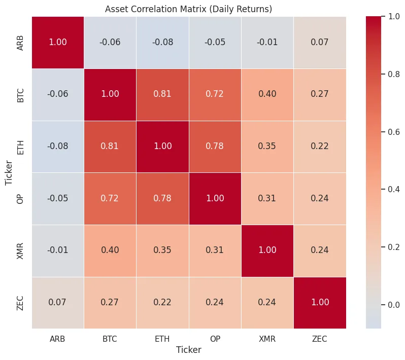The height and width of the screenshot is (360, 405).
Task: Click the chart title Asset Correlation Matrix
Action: coord(188,9)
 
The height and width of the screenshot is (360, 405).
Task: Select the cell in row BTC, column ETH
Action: coord(162,94)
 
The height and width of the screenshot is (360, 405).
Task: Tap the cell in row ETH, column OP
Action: coord(215,147)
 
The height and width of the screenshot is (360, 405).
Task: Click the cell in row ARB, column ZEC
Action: coord(319,42)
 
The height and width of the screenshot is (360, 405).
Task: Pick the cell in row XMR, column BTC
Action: coord(110,250)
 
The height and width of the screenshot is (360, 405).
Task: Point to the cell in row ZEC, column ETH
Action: coord(162,303)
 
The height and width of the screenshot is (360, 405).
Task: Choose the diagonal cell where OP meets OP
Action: coord(215,198)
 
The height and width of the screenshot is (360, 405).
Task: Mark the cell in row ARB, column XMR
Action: coord(267,42)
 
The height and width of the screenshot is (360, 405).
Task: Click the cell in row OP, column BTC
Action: coord(110,198)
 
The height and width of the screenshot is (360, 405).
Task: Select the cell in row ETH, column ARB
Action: coord(58,147)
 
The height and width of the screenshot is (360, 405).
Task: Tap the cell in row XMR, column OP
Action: coord(215,250)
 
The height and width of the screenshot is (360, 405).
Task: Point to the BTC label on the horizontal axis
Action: coord(110,338)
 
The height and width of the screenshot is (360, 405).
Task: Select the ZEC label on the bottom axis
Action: coord(319,338)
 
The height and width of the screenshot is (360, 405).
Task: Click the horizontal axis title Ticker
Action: coord(188,350)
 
